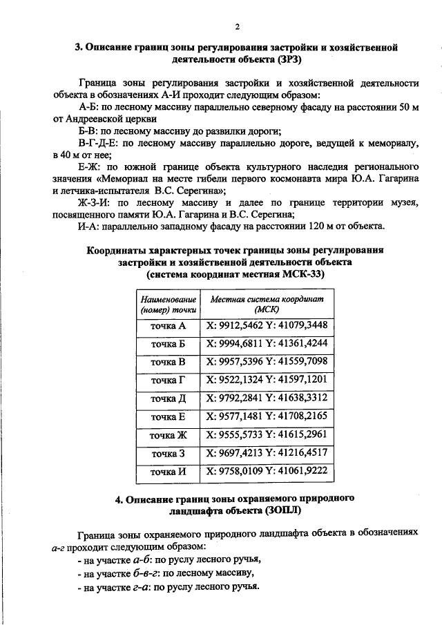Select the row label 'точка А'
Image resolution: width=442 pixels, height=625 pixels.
coord(169,325)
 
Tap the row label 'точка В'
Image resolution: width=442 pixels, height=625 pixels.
coord(169,361)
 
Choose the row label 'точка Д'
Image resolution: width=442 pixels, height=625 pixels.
coord(169,398)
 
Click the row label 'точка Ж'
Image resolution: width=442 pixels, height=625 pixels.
coord(169,435)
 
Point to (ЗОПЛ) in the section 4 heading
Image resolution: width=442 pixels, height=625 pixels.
coord(282,511)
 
